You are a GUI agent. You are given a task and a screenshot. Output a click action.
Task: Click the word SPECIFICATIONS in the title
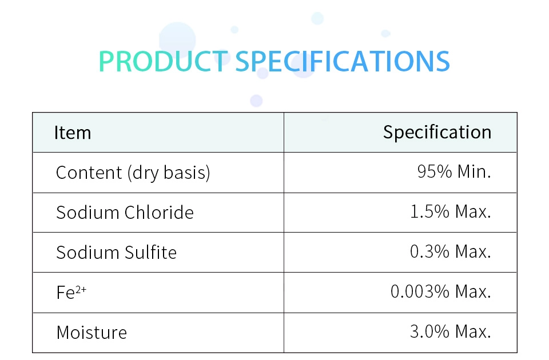(343, 62)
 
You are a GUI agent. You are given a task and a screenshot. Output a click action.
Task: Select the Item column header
(73, 133)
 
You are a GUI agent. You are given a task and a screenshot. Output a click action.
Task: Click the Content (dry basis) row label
(133, 173)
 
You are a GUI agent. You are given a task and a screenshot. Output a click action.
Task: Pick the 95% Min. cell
(454, 172)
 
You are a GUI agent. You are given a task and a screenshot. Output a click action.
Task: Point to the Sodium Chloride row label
(125, 213)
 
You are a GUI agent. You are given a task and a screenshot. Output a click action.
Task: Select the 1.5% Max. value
(451, 211)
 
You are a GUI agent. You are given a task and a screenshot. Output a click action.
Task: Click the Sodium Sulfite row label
(117, 252)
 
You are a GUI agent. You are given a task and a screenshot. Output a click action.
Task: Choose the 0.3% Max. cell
(451, 251)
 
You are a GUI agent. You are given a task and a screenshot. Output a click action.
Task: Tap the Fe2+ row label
(71, 292)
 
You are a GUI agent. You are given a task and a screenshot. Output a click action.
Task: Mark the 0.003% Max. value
(441, 291)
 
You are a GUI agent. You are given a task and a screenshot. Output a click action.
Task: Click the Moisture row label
(91, 333)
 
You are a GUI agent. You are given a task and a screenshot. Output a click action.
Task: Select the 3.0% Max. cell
(451, 331)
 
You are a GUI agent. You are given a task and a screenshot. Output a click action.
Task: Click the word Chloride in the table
(159, 213)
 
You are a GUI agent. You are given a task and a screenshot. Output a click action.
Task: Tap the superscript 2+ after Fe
(81, 289)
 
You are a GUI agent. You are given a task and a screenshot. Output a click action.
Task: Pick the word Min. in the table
(475, 172)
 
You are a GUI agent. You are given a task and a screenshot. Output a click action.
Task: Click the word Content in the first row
(89, 173)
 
